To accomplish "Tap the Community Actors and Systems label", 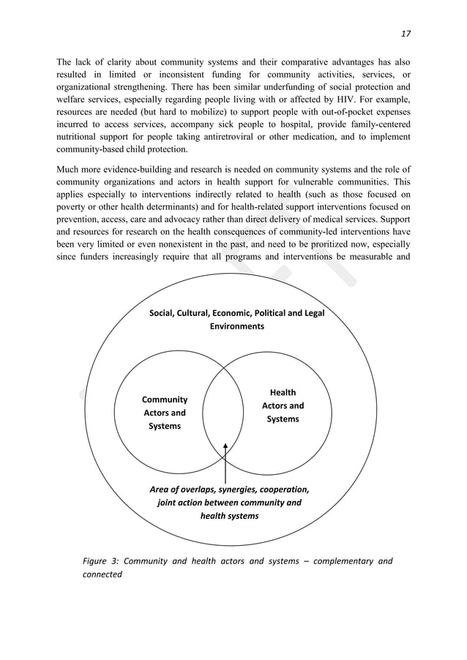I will [x=164, y=413].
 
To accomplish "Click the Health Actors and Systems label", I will [x=283, y=406].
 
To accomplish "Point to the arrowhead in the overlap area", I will [x=225, y=446].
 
